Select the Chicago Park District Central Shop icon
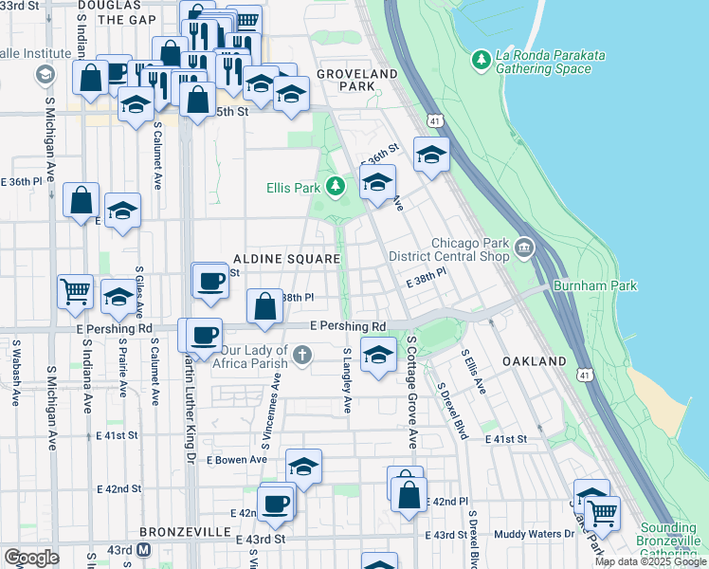pyautogui.click(x=524, y=250)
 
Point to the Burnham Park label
pyautogui.click(x=597, y=285)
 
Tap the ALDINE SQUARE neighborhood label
pyautogui.click(x=286, y=259)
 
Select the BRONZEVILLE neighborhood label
pyautogui.click(x=180, y=532)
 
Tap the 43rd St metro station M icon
pyautogui.click(x=144, y=550)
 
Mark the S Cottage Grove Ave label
pyautogui.click(x=412, y=391)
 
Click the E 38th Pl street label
pyautogui.click(x=426, y=283)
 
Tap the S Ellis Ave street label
pyautogui.click(x=474, y=373)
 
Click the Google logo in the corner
pyautogui.click(x=31, y=558)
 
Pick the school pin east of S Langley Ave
pyautogui.click(x=378, y=356)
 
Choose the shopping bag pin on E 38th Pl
pyautogui.click(x=264, y=306)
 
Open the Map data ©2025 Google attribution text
pyautogui.click(x=650, y=561)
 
